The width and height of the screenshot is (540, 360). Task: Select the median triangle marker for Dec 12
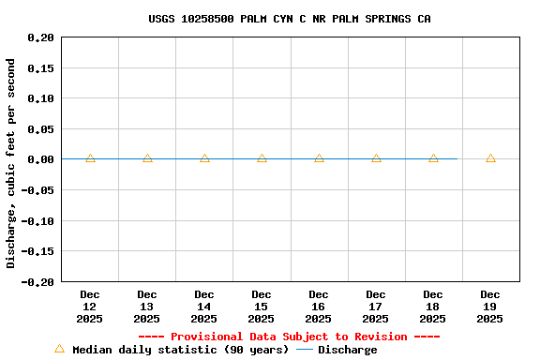(90, 158)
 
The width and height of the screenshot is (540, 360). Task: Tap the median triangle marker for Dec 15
(262, 158)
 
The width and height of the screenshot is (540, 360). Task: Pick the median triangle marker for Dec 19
(490, 158)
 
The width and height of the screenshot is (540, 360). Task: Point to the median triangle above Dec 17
(376, 158)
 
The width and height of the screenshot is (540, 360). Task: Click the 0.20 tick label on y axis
(41, 37)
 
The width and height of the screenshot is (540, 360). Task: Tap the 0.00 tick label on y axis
(41, 159)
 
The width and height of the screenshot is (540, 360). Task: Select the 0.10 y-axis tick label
(41, 98)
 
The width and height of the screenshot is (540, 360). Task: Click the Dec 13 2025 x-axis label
(147, 307)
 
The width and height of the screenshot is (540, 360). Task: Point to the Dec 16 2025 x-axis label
(319, 307)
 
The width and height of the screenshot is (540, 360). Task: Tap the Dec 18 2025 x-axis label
(433, 307)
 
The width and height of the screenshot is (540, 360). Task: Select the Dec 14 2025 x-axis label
(204, 307)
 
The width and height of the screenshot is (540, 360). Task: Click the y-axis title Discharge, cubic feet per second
(11, 163)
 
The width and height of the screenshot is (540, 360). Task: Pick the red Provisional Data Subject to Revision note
(289, 337)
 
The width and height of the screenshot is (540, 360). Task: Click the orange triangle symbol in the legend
(59, 349)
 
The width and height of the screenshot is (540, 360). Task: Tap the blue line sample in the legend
(305, 350)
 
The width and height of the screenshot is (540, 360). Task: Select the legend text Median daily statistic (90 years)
(180, 350)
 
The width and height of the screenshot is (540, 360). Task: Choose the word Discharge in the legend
(347, 350)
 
